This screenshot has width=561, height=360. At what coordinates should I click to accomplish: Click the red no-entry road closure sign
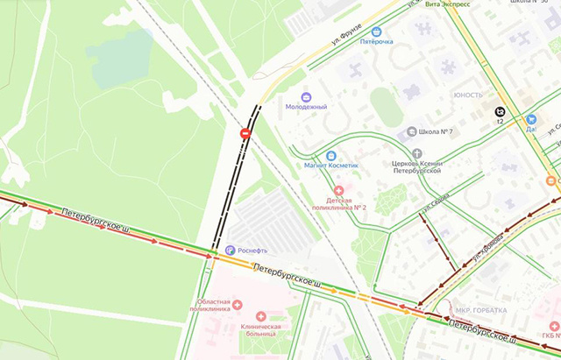[245, 133]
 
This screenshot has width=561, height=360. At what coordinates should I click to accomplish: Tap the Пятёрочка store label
[376, 41]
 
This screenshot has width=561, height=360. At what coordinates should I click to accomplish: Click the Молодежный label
[306, 107]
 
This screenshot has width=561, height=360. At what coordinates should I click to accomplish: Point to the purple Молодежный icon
[306, 96]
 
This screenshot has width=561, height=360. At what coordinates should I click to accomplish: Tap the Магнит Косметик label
[331, 166]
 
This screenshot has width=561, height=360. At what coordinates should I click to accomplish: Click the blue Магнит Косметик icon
[331, 156]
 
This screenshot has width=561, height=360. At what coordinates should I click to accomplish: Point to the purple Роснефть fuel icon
[230, 251]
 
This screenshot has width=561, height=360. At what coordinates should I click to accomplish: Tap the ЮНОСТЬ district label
[468, 95]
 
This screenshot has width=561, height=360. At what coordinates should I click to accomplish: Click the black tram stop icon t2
[500, 111]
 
